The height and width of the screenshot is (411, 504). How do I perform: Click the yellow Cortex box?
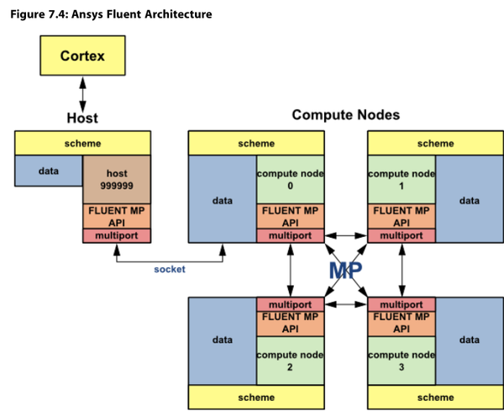pos(82,55)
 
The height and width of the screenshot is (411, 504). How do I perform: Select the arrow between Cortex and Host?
pos(82,94)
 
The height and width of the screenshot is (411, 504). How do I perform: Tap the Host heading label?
pos(82,118)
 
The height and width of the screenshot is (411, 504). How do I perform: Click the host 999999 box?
pos(117,180)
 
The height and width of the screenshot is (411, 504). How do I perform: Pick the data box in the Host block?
pos(49,171)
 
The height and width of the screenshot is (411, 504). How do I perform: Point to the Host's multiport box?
pos(117,235)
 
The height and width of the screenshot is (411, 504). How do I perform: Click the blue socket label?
pos(170,269)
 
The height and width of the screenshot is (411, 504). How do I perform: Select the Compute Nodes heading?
pos(346,115)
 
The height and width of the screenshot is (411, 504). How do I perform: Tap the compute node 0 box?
pos(291,180)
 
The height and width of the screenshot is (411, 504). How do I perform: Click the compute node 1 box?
pos(402,180)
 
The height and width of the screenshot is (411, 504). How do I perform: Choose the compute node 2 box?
pos(291,361)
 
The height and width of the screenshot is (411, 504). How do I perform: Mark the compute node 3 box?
pos(402,361)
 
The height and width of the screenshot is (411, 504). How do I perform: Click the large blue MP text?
pos(345,271)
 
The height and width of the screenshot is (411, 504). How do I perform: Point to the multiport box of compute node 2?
pos(291,304)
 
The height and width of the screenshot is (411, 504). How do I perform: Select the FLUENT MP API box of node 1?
pos(402,217)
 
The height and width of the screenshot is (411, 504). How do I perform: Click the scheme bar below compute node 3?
pos(435,398)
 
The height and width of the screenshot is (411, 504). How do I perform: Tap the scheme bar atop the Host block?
pos(82,143)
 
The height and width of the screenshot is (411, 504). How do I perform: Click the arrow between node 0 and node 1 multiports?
pos(346,235)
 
